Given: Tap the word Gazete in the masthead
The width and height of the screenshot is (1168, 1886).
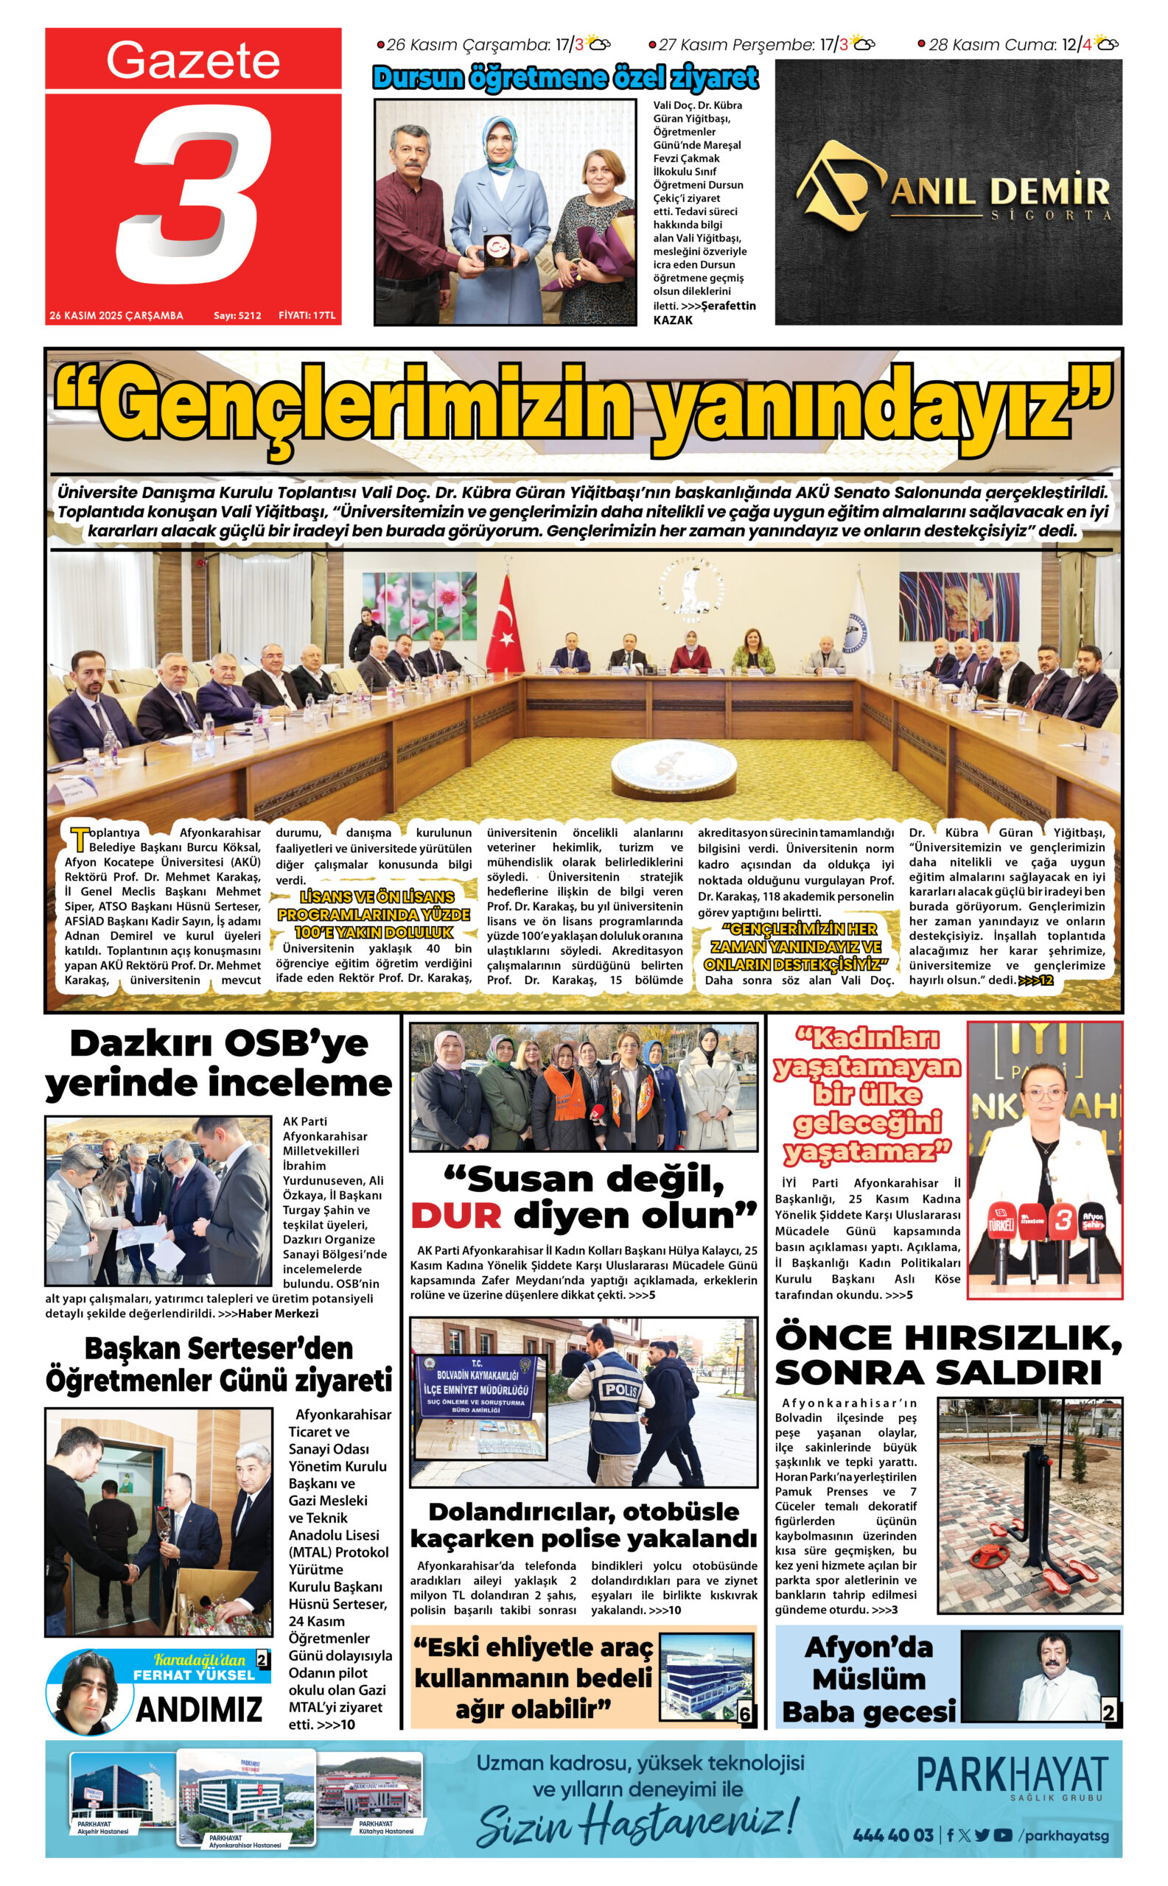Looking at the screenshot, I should click(x=193, y=60).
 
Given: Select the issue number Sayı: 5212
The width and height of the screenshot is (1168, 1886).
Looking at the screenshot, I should click(x=237, y=315).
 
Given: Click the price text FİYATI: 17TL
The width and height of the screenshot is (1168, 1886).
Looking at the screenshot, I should click(x=307, y=315).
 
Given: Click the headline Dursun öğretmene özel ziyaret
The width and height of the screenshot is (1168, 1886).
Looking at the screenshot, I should click(x=565, y=78).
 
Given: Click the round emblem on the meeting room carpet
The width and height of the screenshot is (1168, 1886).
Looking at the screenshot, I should click(x=673, y=772).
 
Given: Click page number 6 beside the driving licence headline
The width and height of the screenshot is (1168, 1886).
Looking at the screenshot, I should click(x=745, y=1714).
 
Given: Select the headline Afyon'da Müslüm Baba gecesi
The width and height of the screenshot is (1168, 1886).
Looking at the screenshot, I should click(x=868, y=1680).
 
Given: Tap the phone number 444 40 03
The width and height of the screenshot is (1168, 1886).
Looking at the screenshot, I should click(x=893, y=1835).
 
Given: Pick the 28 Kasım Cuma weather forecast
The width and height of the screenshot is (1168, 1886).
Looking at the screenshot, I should click(x=1018, y=45).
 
